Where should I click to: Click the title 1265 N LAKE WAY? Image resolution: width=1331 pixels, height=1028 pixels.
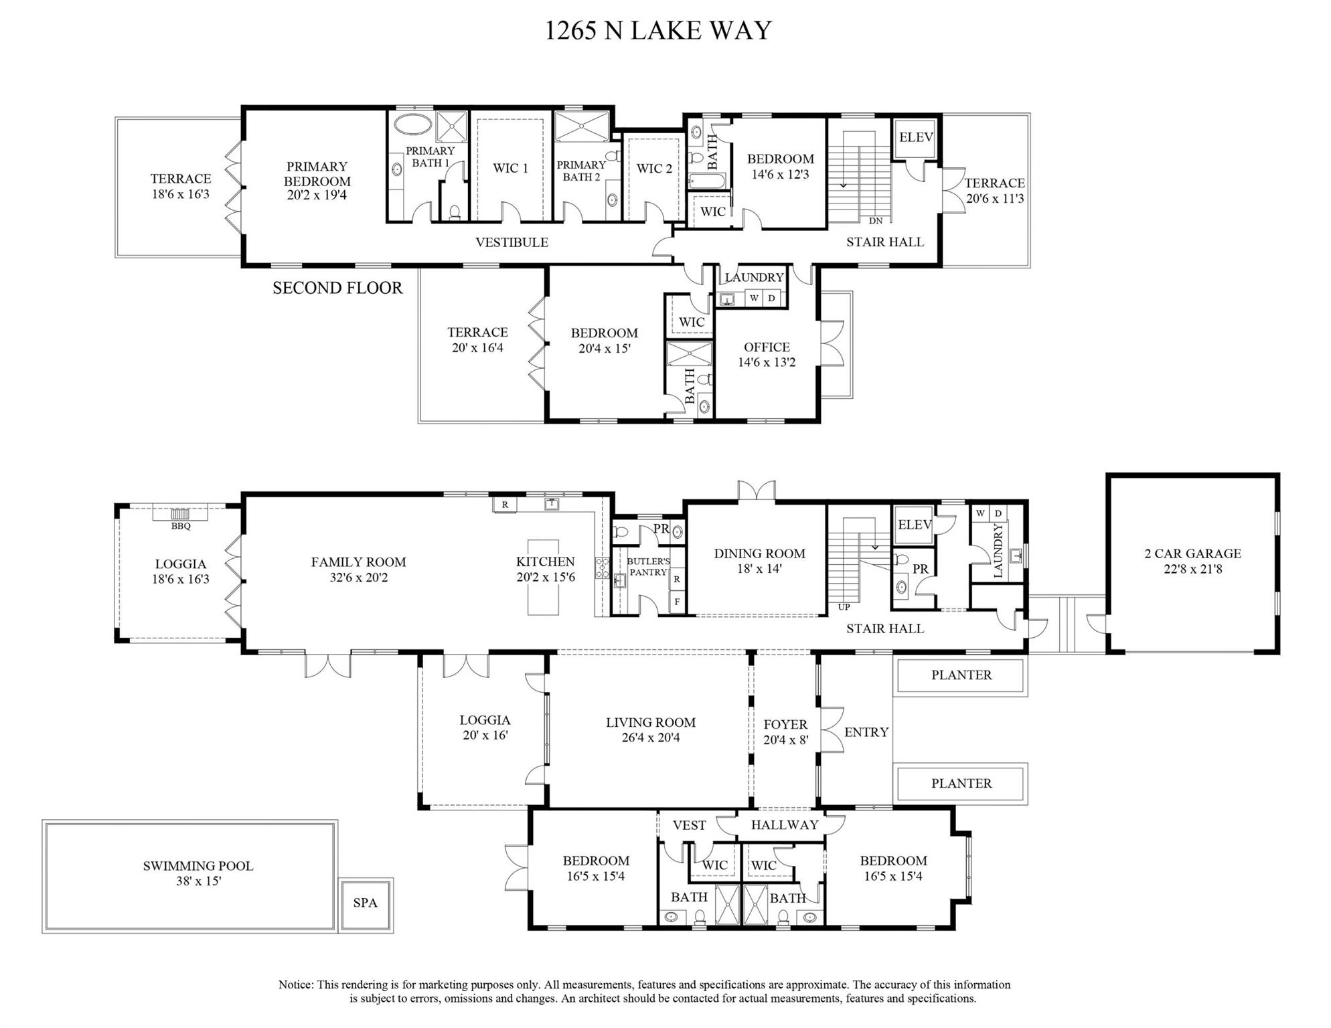[x=658, y=31]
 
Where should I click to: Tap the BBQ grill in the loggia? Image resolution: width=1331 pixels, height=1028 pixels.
[x=181, y=514]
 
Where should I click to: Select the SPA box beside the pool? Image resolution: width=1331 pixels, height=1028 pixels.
[x=365, y=903]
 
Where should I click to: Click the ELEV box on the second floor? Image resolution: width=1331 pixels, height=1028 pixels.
[x=915, y=137]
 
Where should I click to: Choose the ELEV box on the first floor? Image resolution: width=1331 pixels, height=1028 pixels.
[x=914, y=525]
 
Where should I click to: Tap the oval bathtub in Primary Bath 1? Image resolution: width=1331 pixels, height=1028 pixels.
[x=410, y=125]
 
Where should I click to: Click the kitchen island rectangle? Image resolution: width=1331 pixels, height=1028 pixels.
[x=543, y=577]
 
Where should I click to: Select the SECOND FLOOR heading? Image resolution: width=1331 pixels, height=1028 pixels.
[x=337, y=288]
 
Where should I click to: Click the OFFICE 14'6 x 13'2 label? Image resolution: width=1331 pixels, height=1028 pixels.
[x=767, y=355]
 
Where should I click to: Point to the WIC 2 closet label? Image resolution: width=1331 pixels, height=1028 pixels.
[x=654, y=169]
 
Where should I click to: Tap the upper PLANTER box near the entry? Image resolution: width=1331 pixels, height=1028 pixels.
[x=961, y=675]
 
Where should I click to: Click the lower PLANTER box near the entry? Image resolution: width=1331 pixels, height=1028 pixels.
[x=961, y=784]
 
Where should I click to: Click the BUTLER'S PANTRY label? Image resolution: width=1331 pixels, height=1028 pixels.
[x=647, y=567]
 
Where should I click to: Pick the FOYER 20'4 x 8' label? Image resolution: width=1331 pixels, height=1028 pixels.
[x=785, y=732]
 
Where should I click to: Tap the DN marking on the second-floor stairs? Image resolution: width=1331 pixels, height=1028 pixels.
[x=875, y=221]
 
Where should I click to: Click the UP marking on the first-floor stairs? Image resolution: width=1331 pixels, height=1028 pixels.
[x=844, y=607]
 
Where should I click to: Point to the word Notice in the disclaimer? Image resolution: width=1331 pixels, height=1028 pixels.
[x=295, y=984]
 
